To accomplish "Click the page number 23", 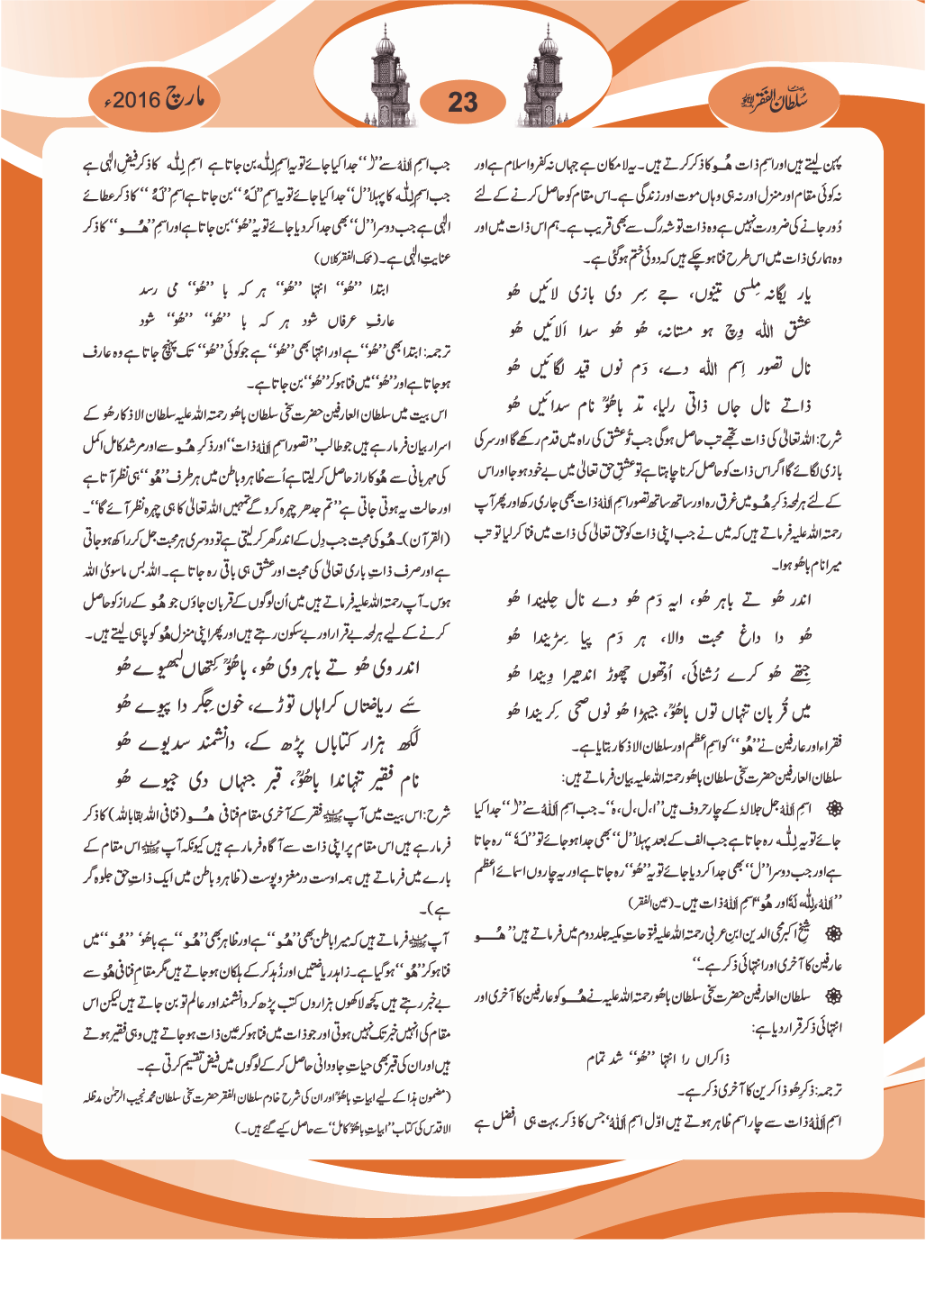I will tap(462, 102).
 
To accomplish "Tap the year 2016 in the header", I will tap(137, 99).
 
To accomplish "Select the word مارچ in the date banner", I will tap(186, 98).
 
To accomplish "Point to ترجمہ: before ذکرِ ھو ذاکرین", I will tap(828, 1090).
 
